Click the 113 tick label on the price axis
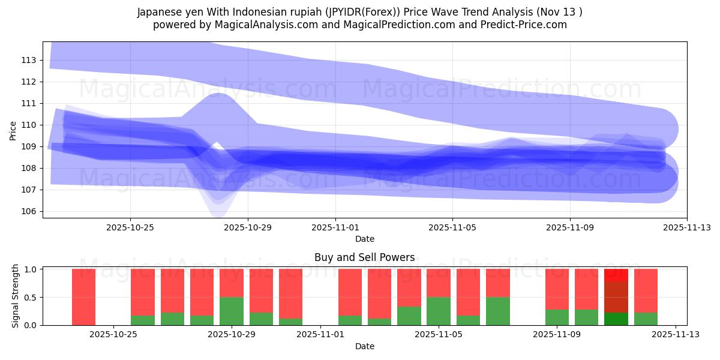29,60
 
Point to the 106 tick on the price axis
29,211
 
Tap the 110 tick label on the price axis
29,125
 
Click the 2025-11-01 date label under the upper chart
335,228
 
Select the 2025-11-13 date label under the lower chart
676,335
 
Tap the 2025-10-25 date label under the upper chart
130,228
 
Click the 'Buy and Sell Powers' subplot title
364,257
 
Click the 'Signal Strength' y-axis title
16,296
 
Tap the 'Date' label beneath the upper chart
364,239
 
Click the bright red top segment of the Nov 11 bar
616,275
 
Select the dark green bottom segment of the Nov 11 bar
616,319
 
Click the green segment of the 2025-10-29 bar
232,311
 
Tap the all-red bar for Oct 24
83,297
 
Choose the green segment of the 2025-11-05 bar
439,311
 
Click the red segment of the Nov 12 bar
646,290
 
